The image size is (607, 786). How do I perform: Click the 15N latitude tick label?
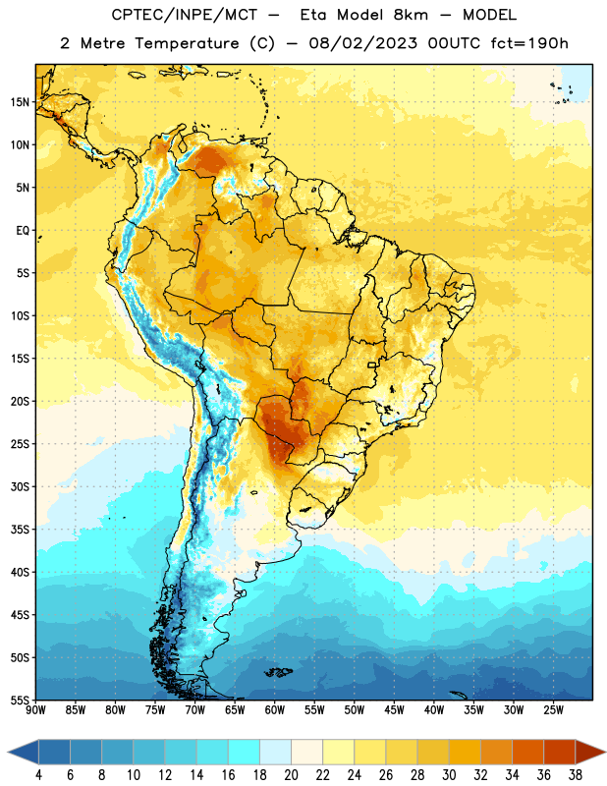[x=20, y=102]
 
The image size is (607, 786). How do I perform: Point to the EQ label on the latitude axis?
[x=23, y=231]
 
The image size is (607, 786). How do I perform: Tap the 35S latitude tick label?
[x=20, y=530]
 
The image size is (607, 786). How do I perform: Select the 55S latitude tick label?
[x=20, y=700]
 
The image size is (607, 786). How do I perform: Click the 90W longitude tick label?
[x=35, y=710]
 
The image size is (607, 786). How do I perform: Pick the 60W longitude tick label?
[x=275, y=710]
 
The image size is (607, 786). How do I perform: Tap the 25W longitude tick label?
[x=553, y=710]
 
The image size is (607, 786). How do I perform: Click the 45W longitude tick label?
[x=394, y=710]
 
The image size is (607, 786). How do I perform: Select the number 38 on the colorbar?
[x=575, y=775]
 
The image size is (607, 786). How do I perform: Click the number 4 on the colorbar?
[x=38, y=775]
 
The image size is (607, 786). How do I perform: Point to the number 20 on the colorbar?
[x=291, y=775]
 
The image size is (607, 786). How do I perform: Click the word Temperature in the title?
[x=187, y=43]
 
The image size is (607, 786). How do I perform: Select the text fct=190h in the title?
[x=529, y=43]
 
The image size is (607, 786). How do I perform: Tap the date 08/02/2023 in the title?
[x=362, y=43]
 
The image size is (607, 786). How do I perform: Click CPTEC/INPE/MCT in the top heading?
[x=184, y=15]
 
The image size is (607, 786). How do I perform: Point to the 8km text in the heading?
[x=411, y=15]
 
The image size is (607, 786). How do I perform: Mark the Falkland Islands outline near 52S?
[x=279, y=672]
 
